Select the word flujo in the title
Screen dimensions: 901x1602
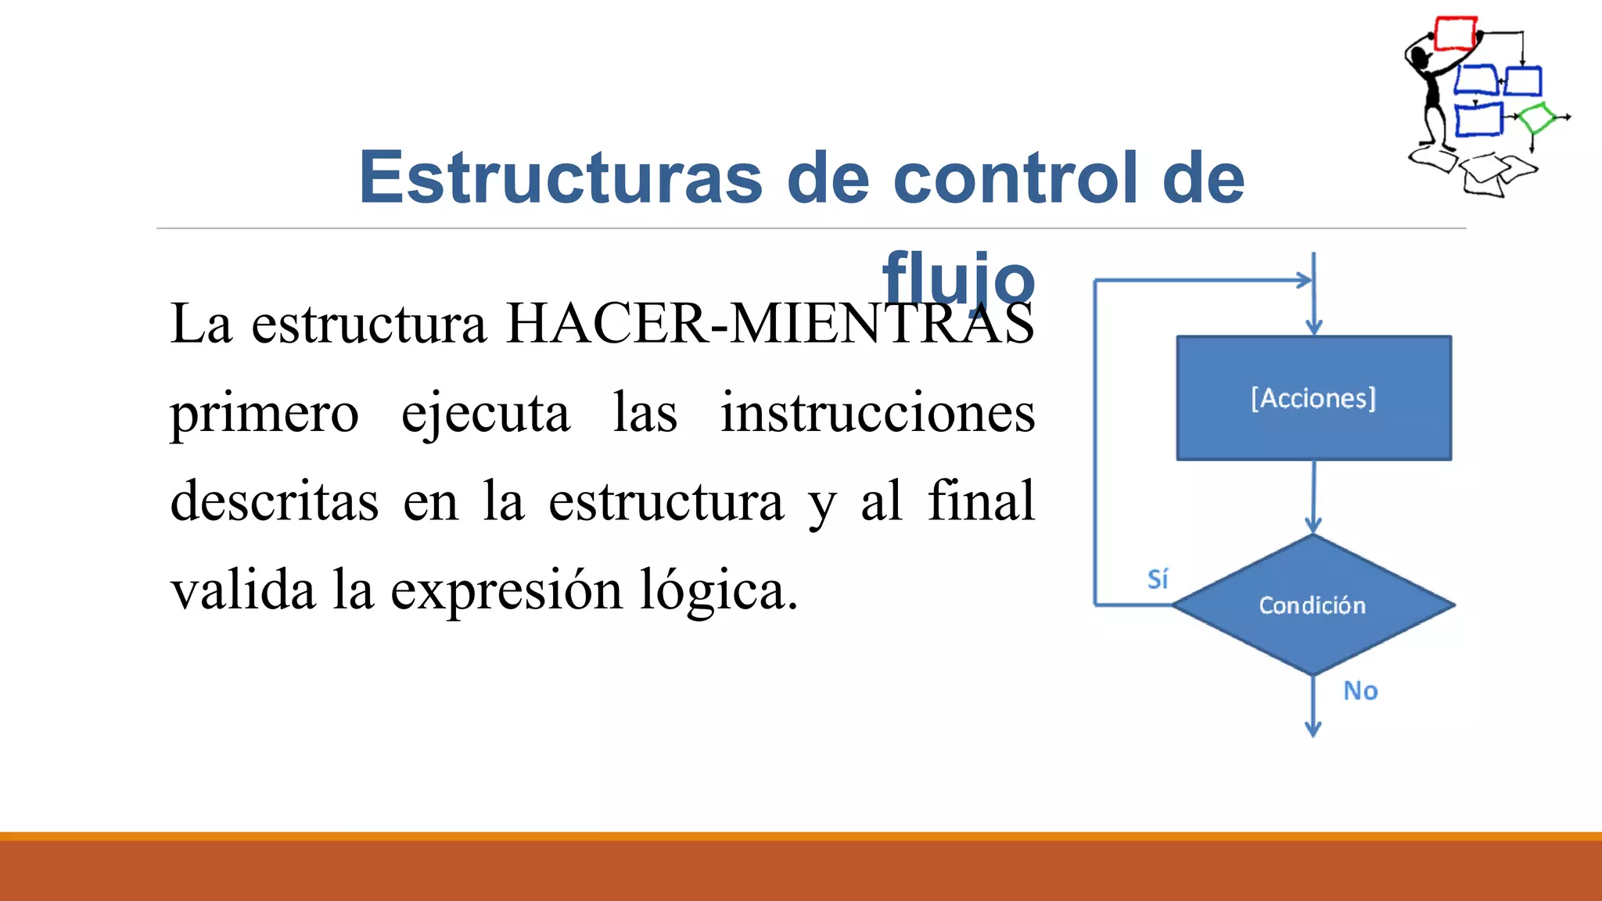[x=958, y=278]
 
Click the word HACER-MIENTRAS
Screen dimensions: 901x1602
[x=770, y=323]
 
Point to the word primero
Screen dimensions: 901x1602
[x=264, y=413]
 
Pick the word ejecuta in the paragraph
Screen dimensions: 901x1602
[x=485, y=413]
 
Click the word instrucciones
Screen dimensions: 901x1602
[x=878, y=413]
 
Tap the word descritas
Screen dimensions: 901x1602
[x=275, y=501]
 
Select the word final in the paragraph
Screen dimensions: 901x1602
[x=981, y=501]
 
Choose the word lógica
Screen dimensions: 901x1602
[x=718, y=590]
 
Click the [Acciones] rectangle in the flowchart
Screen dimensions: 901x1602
[x=1313, y=398]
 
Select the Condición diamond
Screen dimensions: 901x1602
[x=1313, y=605]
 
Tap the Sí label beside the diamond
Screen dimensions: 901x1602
[x=1158, y=580]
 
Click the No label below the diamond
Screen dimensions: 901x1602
[x=1360, y=691]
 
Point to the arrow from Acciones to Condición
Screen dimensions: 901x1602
[x=1313, y=497]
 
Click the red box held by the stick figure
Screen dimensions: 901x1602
[x=1456, y=34]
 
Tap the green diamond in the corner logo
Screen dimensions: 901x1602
[x=1537, y=118]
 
